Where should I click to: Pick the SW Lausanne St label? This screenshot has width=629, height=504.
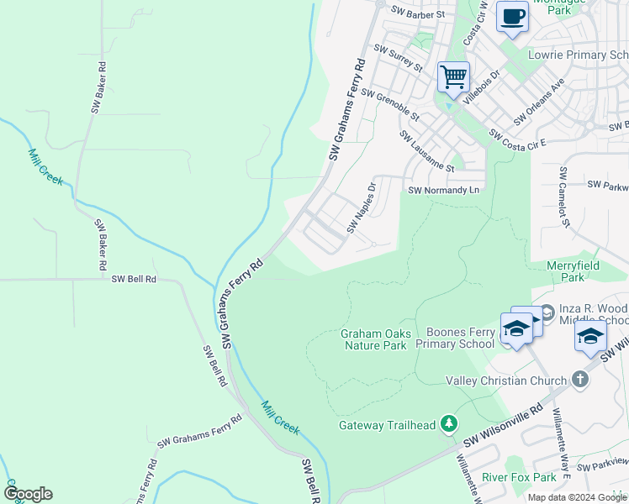pos(426,151)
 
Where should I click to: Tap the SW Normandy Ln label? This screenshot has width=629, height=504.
pos(443,191)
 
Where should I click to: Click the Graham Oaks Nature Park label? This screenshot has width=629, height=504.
pos(376,339)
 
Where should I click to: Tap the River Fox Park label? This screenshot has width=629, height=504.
pos(520,477)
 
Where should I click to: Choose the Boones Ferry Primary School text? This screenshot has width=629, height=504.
pos(460,338)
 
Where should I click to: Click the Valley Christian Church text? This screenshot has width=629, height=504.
pos(505,381)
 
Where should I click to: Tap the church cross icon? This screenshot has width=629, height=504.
pos(579,380)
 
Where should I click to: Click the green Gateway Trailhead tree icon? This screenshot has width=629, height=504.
pos(450,424)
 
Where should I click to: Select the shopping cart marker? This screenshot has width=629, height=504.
pos(453,76)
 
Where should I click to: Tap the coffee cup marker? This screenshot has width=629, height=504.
pos(512,16)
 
